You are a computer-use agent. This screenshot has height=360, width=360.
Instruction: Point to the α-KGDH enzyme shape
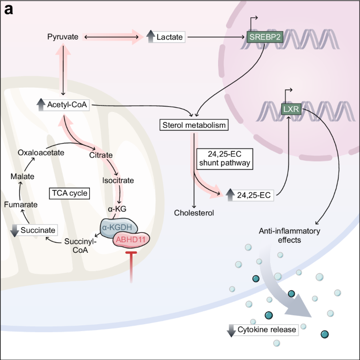[119, 226]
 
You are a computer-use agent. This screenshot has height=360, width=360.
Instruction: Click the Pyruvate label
[63, 37]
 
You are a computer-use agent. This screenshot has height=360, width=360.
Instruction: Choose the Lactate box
[166, 37]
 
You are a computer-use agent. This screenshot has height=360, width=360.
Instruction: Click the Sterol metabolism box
[194, 126]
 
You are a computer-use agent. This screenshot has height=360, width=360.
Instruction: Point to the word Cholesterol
[194, 213]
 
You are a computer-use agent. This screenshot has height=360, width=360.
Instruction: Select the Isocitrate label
[118, 180]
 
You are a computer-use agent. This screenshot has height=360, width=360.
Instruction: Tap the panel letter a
[9, 10]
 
